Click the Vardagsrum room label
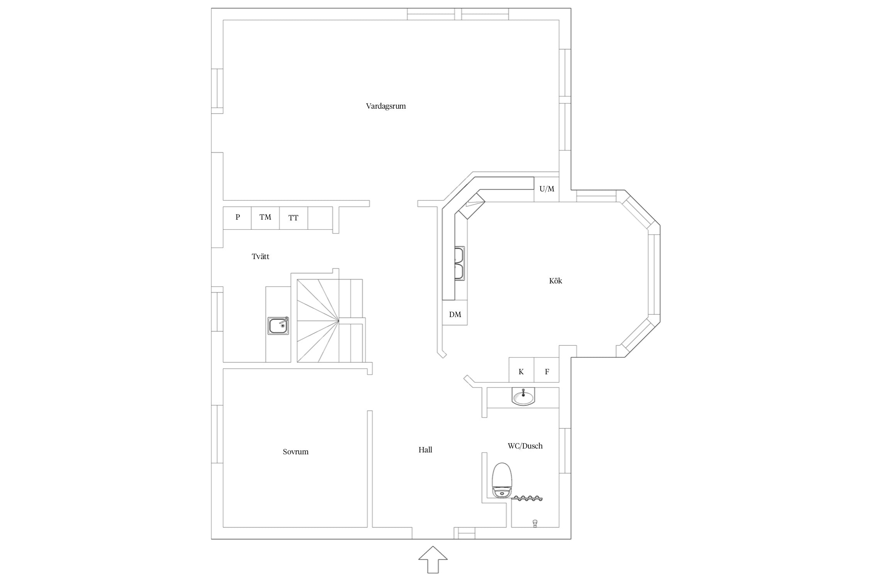(x=386, y=106)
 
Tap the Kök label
(x=555, y=281)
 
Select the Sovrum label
(x=295, y=452)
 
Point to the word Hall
(x=425, y=450)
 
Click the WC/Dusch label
(x=525, y=446)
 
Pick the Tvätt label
(x=260, y=256)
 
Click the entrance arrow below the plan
(x=433, y=559)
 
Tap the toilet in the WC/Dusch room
(x=502, y=480)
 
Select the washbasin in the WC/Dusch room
(x=523, y=397)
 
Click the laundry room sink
(x=278, y=326)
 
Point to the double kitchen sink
(x=459, y=263)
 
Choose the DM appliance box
(x=455, y=312)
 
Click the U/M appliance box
(x=547, y=189)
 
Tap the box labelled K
(x=521, y=370)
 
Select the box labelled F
(x=547, y=370)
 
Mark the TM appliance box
(x=265, y=218)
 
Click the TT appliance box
(x=294, y=218)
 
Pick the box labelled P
(x=237, y=218)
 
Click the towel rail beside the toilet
(x=527, y=498)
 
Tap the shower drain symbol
(x=535, y=523)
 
